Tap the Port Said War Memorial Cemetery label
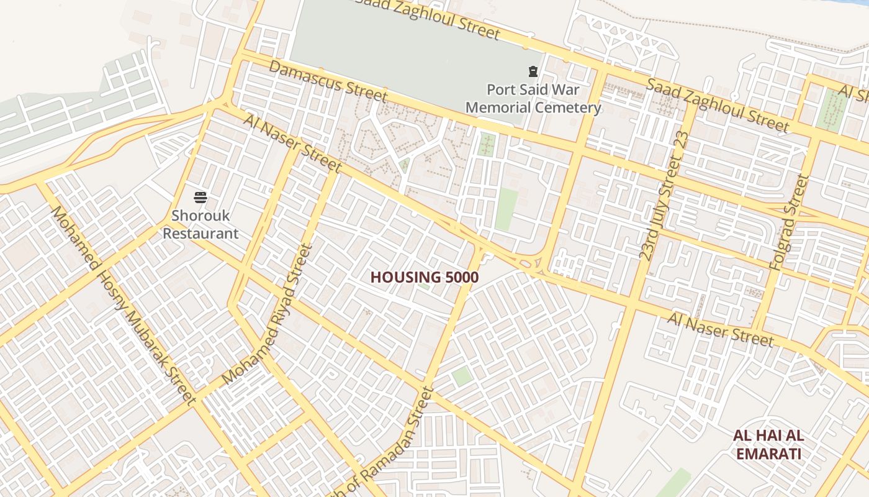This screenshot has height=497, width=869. tap(533, 99)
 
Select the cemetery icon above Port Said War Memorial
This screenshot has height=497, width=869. tap(533, 71)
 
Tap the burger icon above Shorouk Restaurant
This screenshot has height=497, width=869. tap(200, 198)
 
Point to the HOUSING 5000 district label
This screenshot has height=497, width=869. tap(425, 277)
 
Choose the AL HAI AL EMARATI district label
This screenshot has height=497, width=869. tap(768, 444)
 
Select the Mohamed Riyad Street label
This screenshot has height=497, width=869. tap(268, 314)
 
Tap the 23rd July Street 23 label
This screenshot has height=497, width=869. tap(664, 196)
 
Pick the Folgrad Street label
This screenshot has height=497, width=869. tap(789, 222)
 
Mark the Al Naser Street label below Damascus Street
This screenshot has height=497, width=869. tap(292, 143)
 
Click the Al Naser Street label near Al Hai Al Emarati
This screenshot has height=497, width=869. tap(721, 329)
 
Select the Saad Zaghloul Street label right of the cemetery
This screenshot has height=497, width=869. tap(718, 105)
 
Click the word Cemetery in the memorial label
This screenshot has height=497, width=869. tap(565, 108)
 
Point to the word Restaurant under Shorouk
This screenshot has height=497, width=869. tap(205, 234)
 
